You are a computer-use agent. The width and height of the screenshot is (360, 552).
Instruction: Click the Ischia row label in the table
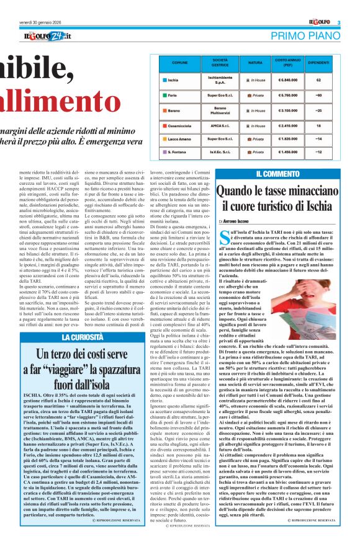click(x=173, y=80)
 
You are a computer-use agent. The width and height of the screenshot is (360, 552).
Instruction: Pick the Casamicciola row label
click(x=181, y=125)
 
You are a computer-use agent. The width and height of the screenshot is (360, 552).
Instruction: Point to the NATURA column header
click(x=255, y=63)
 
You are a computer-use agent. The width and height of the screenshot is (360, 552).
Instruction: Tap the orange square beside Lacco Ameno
click(x=163, y=140)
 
